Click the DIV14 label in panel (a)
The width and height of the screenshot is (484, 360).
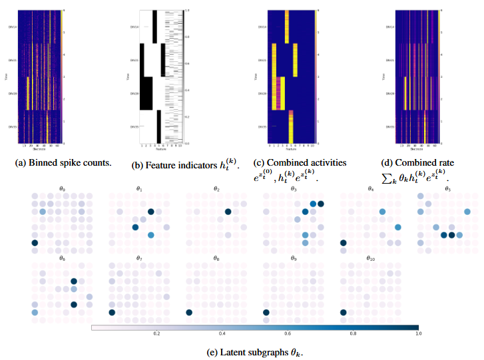point(11,27)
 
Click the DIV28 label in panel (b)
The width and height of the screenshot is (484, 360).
point(134,94)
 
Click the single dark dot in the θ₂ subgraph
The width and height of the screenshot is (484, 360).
point(228,212)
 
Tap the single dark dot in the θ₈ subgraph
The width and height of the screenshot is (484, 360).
point(189,312)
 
